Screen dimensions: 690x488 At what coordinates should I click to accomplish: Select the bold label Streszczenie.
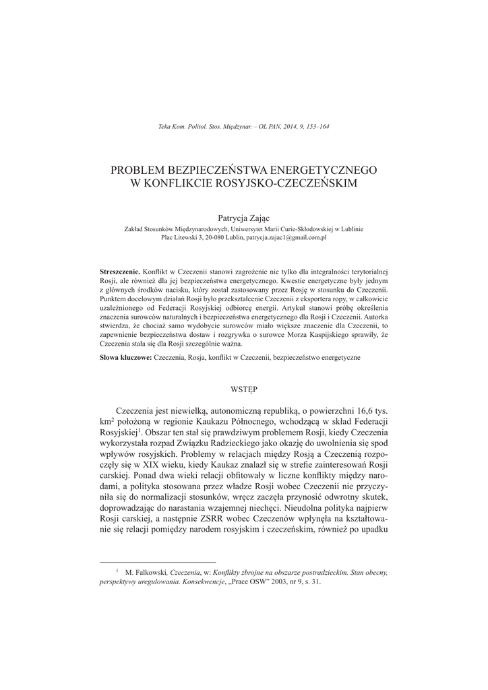point(119,270)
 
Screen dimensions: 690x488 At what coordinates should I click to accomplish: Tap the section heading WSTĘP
point(243,389)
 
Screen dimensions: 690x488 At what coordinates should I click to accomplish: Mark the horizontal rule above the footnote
point(158,561)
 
